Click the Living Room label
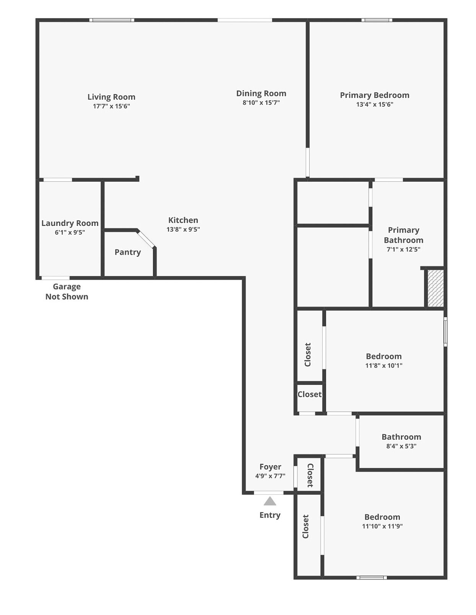[x=111, y=97]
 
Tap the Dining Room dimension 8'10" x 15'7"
[x=261, y=102]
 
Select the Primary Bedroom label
[x=375, y=95]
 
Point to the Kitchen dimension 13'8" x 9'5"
[x=183, y=229]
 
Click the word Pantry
[x=127, y=252]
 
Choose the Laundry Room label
[x=70, y=223]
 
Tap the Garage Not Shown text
[x=67, y=292]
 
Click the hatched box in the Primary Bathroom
[x=435, y=288]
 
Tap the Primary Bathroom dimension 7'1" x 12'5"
[x=403, y=249]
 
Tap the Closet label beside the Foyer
[x=310, y=475]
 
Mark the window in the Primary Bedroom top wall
[x=377, y=20]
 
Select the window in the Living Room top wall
[x=112, y=20]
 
